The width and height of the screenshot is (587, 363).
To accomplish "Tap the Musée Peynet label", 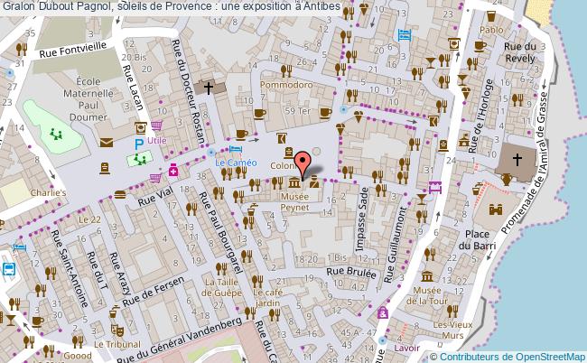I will coord(293,200).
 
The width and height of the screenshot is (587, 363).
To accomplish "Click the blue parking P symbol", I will coord(138,144).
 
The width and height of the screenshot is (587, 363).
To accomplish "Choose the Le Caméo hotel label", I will coord(236,163).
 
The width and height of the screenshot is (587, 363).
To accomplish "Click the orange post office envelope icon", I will coord(107,142).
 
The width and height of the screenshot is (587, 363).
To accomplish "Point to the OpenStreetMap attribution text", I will coord(510,356).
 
